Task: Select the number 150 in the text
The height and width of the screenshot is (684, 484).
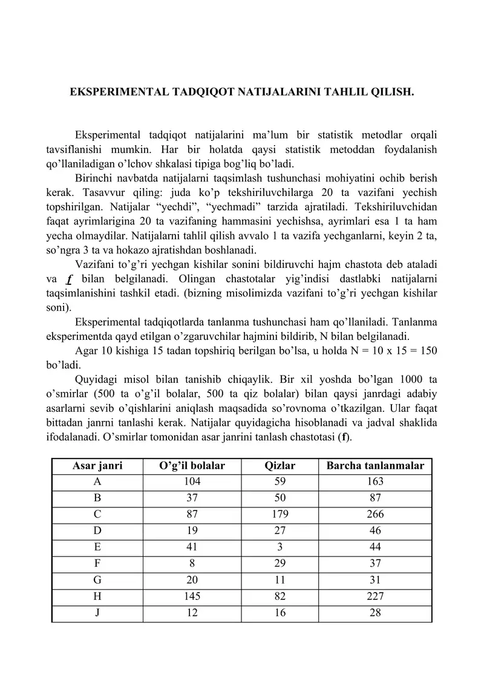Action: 426,351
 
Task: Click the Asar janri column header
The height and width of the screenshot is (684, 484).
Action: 97,466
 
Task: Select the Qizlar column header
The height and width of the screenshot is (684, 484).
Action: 280,466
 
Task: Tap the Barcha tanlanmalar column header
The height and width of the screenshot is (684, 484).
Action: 375,466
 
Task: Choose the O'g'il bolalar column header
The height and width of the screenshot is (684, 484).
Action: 192,466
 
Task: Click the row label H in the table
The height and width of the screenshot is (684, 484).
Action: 97,596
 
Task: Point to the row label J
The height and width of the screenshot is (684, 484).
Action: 97,613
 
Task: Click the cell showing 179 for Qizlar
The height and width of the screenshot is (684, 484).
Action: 280,515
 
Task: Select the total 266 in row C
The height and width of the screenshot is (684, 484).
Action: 375,515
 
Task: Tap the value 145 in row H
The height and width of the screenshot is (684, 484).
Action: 192,596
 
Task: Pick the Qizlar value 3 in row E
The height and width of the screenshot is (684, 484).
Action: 280,547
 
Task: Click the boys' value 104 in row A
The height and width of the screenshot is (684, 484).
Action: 192,482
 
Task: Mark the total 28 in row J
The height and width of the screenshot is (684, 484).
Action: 375,613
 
